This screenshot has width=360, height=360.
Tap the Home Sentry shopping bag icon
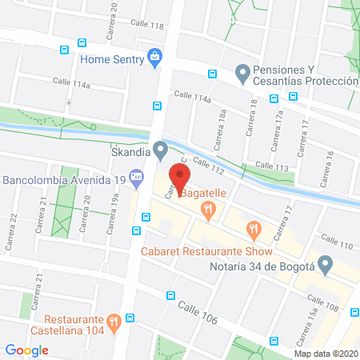[x=156, y=56]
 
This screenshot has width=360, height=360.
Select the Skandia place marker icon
[x=161, y=148]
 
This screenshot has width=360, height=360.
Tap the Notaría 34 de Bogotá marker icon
[x=324, y=262]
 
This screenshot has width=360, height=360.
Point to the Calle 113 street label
[x=270, y=166]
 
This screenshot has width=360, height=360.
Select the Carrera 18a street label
[x=221, y=129]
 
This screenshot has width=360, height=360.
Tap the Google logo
[x=27, y=350]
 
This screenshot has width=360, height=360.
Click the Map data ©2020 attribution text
[x=326, y=353]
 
